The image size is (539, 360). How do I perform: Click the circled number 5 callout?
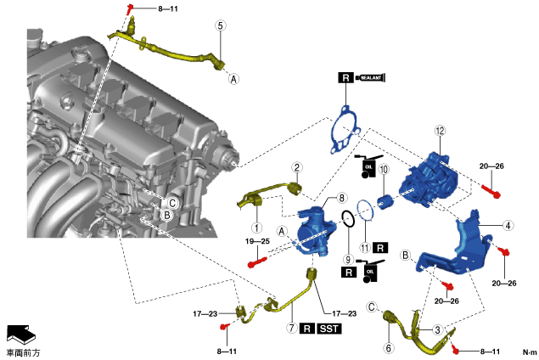coord(221,25)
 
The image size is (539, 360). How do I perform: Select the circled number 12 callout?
coord(440,131)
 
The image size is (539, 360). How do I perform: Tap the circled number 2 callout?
coord(297,167)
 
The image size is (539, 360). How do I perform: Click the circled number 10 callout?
coord(383,170)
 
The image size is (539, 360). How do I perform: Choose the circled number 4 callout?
coord(508,226)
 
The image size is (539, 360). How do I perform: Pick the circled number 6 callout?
coord(390,348)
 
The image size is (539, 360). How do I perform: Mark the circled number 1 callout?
coord(255,228)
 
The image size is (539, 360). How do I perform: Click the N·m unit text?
coord(530,352)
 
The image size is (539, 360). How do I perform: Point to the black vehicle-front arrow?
coord(20,333)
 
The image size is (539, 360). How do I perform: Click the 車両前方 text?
coord(23,352)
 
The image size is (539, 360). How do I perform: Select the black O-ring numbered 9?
coord(348,220)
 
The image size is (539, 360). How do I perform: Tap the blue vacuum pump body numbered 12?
coord(432,178)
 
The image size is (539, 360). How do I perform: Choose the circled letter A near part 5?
coord(234,79)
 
